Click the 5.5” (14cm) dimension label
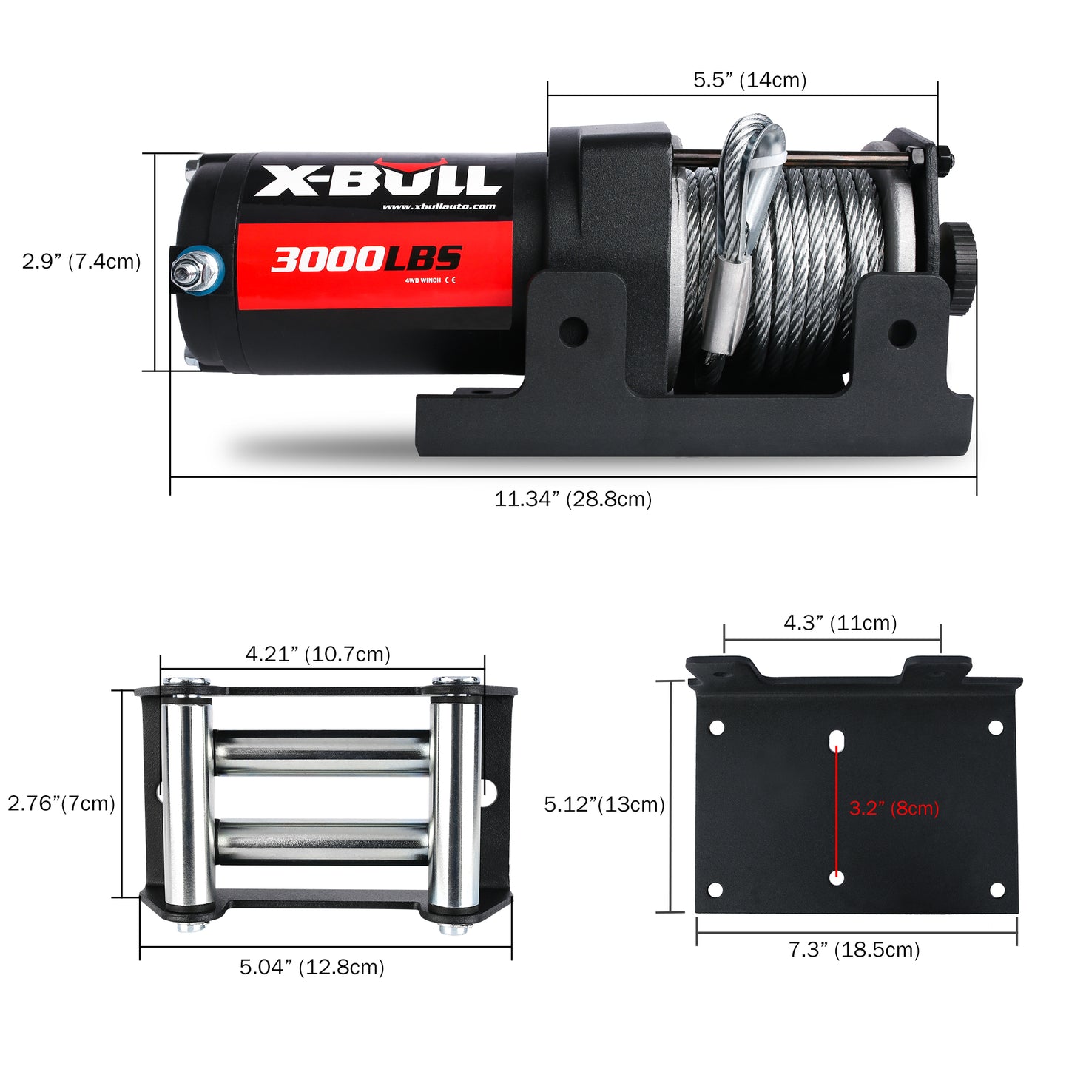tap(749, 80)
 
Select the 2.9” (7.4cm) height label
tap(81, 261)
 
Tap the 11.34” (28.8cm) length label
tap(573, 499)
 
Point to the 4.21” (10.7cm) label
tap(317, 654)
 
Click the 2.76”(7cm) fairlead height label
tap(61, 803)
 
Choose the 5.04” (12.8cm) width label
tap(311, 967)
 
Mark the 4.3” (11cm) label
tap(840, 623)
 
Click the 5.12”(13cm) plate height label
tap(604, 804)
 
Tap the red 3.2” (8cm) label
tap(894, 808)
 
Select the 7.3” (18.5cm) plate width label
tap(854, 950)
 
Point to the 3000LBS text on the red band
tap(366, 259)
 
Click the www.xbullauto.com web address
tap(439, 206)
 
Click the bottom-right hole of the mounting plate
tap(997, 889)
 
